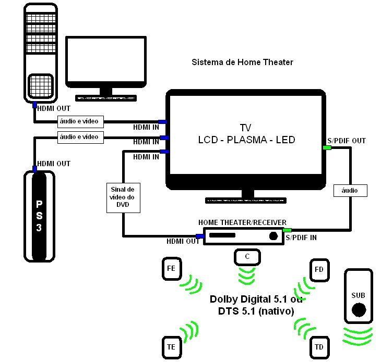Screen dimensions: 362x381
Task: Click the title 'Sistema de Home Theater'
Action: [x=242, y=62]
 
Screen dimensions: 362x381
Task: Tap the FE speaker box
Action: [x=171, y=269]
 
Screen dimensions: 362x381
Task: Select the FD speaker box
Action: [x=319, y=269]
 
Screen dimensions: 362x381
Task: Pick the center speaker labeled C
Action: [x=246, y=256]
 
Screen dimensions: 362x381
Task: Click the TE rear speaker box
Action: [x=171, y=346]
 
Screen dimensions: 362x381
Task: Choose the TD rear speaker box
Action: [x=319, y=347]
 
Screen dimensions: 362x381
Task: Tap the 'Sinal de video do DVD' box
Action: [x=123, y=198]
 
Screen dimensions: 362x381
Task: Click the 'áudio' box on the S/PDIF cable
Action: [x=350, y=191]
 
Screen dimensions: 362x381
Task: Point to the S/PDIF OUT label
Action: [x=346, y=141]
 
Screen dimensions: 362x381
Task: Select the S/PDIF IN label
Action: [x=301, y=238]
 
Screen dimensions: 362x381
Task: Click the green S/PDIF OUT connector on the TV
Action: [x=327, y=148]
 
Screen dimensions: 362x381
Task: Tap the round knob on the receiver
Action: [x=273, y=236]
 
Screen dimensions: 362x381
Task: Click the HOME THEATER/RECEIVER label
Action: [x=242, y=222]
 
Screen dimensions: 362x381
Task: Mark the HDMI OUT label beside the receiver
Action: [x=183, y=241]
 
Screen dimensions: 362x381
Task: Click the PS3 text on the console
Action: [x=39, y=215]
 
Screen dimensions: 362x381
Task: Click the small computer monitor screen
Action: [x=105, y=60]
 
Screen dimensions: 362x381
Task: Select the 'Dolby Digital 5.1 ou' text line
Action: [x=257, y=299]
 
